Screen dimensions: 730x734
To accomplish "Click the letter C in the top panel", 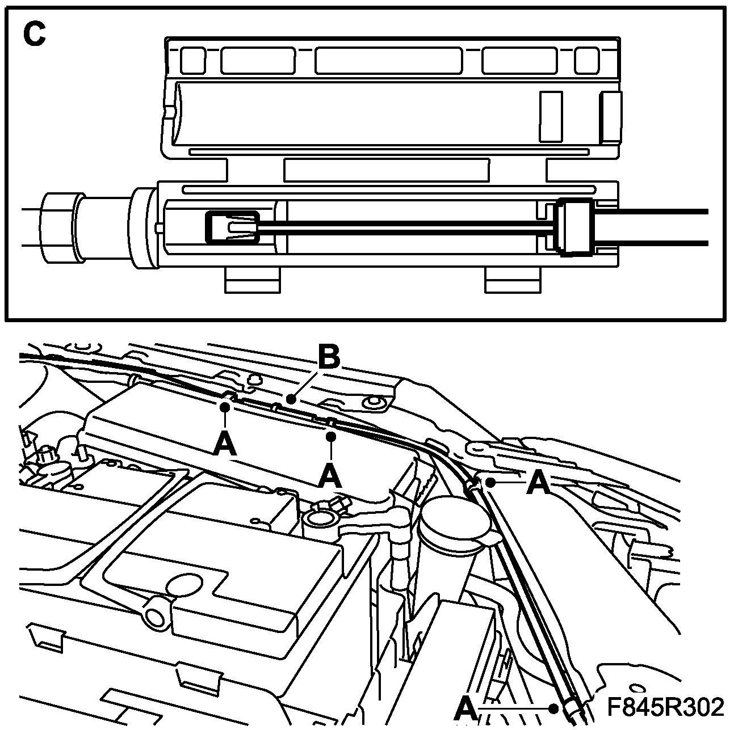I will click(34, 35).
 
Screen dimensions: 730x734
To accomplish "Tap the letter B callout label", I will click(328, 358).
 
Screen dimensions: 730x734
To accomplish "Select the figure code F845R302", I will click(665, 707).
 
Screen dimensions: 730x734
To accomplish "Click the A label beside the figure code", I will click(467, 708).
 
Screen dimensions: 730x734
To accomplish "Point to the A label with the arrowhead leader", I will click(539, 483).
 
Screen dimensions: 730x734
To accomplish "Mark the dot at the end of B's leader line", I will click(291, 399).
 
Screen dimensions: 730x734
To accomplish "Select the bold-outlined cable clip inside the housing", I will click(232, 227).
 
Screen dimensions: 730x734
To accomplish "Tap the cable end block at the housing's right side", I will click(575, 227).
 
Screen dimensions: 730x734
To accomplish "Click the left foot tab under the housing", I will click(252, 280).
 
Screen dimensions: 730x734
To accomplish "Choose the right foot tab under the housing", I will click(511, 280).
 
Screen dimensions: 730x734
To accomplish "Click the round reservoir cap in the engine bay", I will click(454, 520).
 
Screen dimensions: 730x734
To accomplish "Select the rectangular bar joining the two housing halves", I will click(386, 170).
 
